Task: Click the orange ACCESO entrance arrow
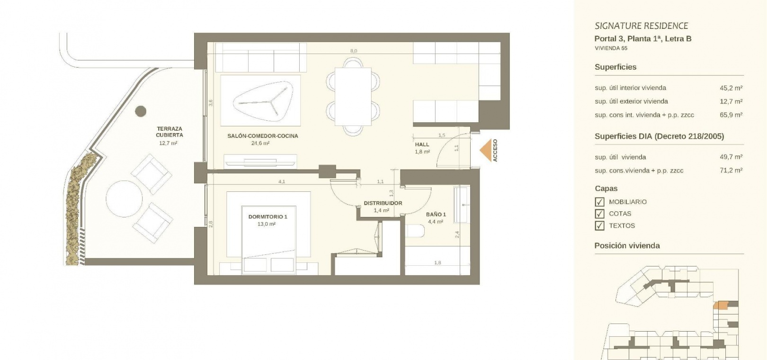click(486, 150)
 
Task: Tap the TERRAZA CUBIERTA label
click(169, 132)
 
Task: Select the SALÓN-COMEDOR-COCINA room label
click(263, 136)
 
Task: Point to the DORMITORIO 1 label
click(268, 217)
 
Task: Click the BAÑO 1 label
click(436, 215)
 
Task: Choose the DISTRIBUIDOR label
click(383, 203)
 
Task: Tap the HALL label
click(422, 144)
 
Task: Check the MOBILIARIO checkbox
click(599, 202)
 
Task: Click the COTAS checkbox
click(599, 214)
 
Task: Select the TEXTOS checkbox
click(599, 226)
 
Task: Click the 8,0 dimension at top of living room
click(354, 51)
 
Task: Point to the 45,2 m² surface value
click(731, 88)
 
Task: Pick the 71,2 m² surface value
click(731, 170)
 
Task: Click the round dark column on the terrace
click(141, 111)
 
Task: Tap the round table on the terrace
click(124, 199)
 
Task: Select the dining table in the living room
click(353, 97)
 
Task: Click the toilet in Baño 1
click(415, 231)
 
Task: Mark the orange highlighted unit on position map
click(720, 305)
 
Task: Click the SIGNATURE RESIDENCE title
click(642, 26)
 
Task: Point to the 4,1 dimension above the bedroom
click(282, 181)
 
